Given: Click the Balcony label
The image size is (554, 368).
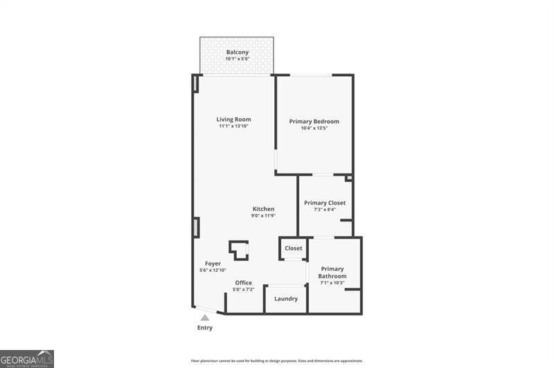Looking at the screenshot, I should pyautogui.click(x=237, y=53).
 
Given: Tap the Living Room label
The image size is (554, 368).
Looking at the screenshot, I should pyautogui.click(x=233, y=120).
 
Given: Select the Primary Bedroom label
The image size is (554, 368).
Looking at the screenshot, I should pyautogui.click(x=314, y=122).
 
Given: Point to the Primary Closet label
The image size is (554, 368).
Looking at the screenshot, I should pyautogui.click(x=324, y=203).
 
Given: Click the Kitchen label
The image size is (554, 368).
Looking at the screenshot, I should pyautogui.click(x=263, y=209).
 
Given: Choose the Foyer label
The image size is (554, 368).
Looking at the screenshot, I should pyautogui.click(x=213, y=264).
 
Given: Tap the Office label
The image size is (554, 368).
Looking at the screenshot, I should pyautogui.click(x=244, y=282).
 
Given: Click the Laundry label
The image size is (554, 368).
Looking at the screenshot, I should pyautogui.click(x=286, y=299).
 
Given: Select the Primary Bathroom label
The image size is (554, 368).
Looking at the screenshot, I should pyautogui.click(x=332, y=273).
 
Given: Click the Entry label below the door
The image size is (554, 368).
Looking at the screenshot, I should pyautogui.click(x=205, y=328).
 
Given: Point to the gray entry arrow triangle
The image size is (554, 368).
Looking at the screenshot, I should pyautogui.click(x=205, y=318).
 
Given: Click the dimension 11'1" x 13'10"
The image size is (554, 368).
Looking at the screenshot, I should pyautogui.click(x=233, y=127).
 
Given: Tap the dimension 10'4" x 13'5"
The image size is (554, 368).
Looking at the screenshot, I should pyautogui.click(x=314, y=128).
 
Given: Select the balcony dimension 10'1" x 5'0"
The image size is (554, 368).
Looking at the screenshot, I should pyautogui.click(x=237, y=59).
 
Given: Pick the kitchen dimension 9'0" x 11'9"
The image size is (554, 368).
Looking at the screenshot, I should pyautogui.click(x=263, y=216).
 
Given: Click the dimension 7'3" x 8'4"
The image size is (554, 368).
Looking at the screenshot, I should pyautogui.click(x=324, y=210).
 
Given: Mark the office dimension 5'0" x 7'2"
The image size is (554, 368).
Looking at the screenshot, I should pyautogui.click(x=244, y=289).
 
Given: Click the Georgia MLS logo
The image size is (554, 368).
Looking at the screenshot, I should pyautogui.click(x=27, y=358).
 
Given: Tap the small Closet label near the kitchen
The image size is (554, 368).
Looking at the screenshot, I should pyautogui.click(x=293, y=248).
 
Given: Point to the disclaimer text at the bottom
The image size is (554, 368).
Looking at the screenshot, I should pyautogui.click(x=277, y=361).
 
